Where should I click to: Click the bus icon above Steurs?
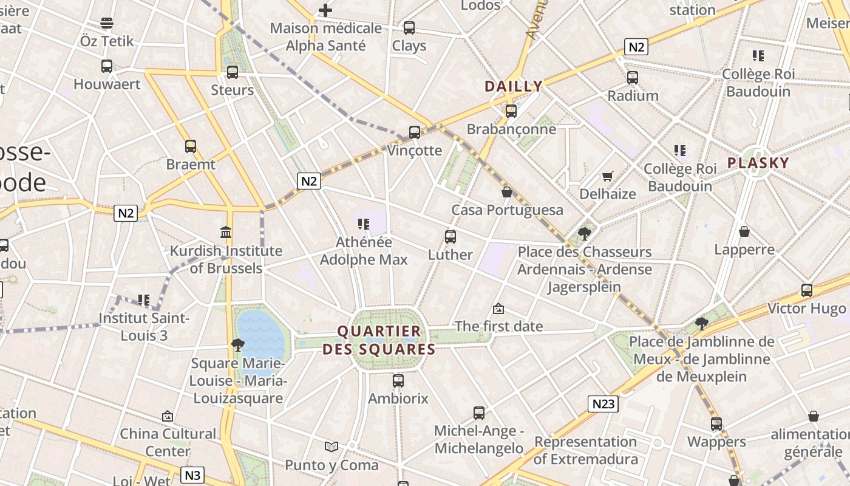coord(232,72)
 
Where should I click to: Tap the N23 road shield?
coord(603,404)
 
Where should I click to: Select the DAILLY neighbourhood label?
coord(513,86)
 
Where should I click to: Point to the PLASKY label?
coord(758,163)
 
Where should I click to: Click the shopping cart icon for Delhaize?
coord(608,176)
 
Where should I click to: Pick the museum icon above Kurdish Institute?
coord(226,232)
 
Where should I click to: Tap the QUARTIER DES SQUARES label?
coord(379,340)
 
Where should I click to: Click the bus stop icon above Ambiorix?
coord(398,381)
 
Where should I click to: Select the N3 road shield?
coord(192,475)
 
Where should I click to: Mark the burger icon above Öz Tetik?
coord(107,23)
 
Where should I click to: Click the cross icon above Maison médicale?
coord(325,10)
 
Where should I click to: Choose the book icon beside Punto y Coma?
coord(331,447)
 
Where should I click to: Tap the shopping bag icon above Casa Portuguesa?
coord(507,192)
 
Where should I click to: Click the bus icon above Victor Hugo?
coord(806,290)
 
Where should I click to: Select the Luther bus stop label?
coord(450,255)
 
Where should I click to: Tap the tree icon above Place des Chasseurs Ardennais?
coord(585,233)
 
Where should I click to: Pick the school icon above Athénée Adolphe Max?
coord(364,224)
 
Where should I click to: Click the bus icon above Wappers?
coord(716,424)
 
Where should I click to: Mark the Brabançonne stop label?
coord(511,129)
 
